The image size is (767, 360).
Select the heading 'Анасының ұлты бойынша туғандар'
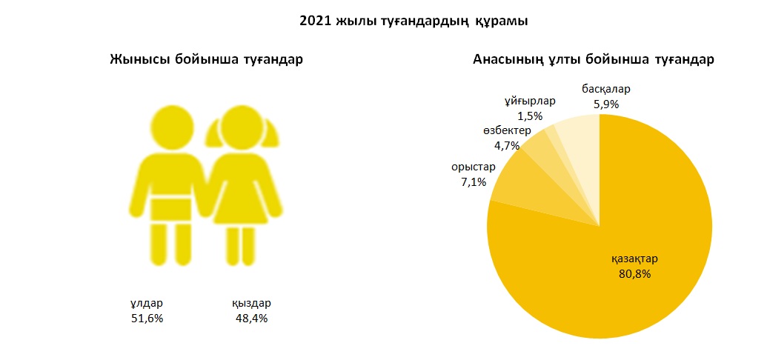593,60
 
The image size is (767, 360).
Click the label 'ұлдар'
146,303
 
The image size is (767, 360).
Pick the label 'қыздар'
251,303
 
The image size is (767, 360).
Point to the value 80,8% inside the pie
634,273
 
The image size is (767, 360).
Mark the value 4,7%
507,145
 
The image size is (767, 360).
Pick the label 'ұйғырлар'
530,101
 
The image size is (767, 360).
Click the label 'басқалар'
605,89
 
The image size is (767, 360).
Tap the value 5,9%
606,104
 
